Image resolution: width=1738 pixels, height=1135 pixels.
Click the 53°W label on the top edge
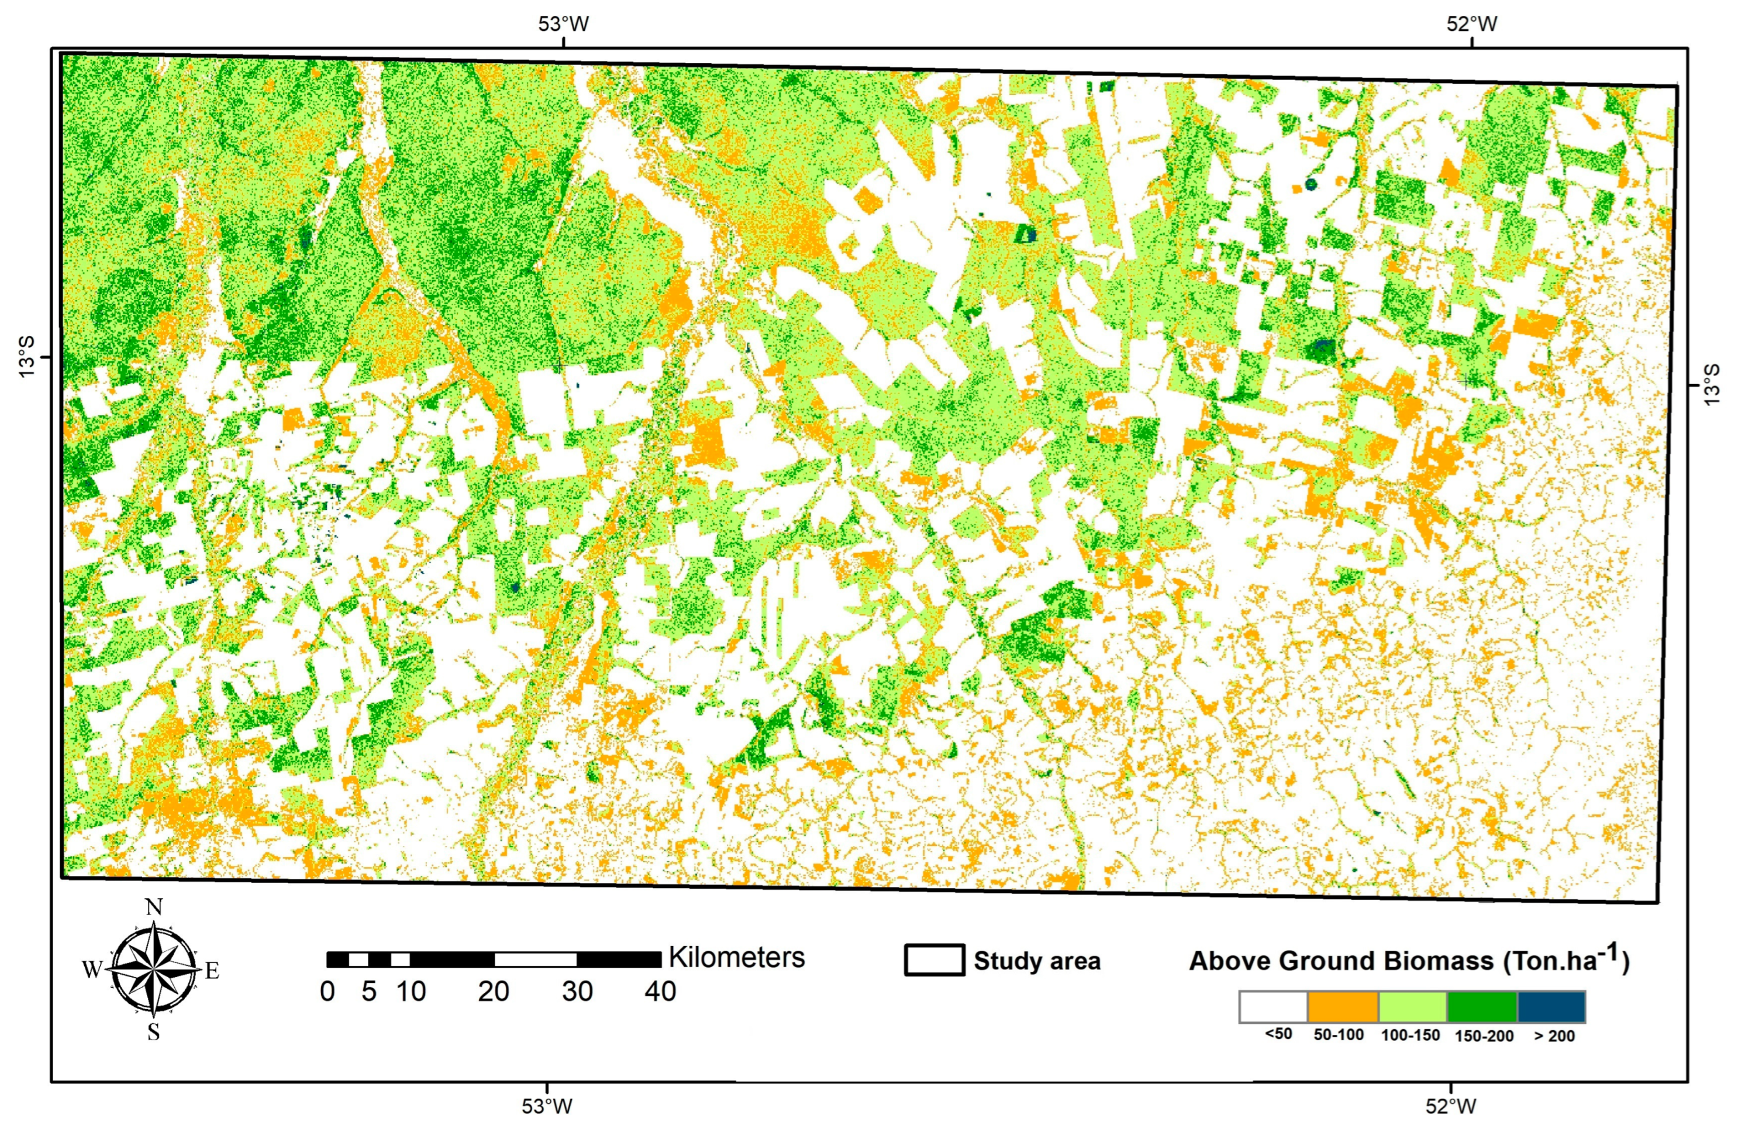(x=563, y=24)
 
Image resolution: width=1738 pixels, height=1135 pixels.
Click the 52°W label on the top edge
(x=1472, y=24)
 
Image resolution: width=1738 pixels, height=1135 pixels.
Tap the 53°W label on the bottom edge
(x=547, y=1106)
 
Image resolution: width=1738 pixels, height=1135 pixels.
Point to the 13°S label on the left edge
(x=26, y=358)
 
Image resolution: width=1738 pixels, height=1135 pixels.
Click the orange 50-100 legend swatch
(x=1343, y=1006)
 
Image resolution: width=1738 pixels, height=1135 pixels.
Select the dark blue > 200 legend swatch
(x=1552, y=1006)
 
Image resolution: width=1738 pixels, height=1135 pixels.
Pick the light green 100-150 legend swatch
(x=1412, y=1006)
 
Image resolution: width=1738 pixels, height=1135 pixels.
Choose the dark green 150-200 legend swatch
(x=1482, y=1006)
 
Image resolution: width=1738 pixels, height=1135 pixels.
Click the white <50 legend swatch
(x=1273, y=1006)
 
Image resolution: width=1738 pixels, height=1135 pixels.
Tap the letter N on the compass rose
(x=154, y=907)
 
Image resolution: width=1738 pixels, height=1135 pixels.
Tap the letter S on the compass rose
(x=153, y=1032)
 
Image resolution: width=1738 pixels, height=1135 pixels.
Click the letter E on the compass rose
(x=212, y=970)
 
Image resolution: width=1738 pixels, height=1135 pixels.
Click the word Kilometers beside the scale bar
(x=736, y=958)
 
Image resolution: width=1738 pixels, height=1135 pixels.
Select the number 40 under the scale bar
(x=660, y=992)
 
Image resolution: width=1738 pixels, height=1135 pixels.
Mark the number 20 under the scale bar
(x=494, y=992)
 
